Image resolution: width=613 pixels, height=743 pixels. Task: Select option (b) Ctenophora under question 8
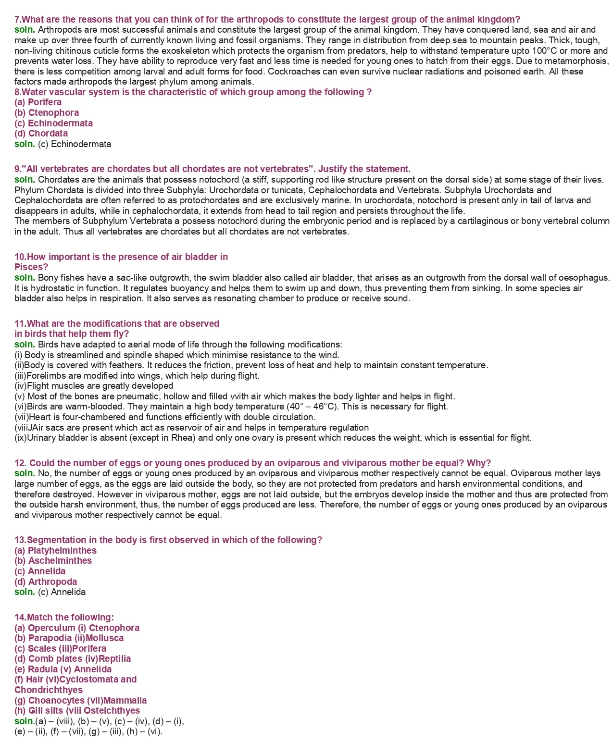47,112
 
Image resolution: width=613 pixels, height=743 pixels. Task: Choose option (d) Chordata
41,133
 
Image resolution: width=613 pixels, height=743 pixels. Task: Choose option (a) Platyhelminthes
55,550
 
